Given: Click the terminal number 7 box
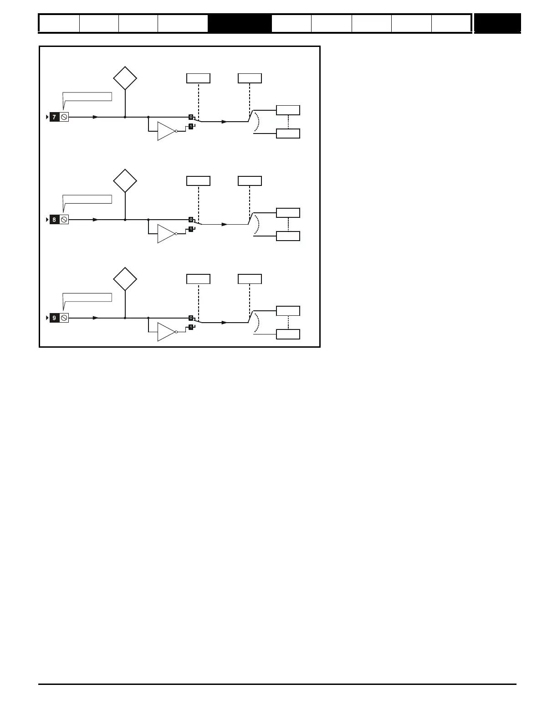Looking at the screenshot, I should tap(54, 117).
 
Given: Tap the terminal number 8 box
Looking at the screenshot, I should tap(54, 220).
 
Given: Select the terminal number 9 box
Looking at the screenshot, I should tap(54, 318).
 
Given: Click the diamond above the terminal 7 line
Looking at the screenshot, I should tap(125, 78).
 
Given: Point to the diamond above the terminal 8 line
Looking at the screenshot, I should tap(125, 181).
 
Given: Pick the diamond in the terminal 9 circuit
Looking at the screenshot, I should tap(125, 279).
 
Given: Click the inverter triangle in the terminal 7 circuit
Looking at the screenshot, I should tap(166, 131).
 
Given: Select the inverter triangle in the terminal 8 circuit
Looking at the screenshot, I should tap(166, 234).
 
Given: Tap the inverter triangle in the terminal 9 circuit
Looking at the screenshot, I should tap(166, 332).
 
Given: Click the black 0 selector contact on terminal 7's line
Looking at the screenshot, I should tap(191, 117).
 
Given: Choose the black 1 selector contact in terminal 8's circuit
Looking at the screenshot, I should tap(191, 229).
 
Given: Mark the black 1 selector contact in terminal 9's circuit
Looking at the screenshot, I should tap(191, 327).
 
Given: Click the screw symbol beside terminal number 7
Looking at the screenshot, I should tap(64, 117).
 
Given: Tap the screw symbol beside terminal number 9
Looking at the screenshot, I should tap(64, 318).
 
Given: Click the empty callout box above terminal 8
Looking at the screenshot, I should tap(87, 199).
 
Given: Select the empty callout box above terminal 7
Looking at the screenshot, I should tap(87, 97).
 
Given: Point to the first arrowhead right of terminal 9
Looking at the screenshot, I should tap(96, 318).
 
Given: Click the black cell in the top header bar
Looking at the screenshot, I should tap(240, 23).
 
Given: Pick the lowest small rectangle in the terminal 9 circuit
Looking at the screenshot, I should tap(288, 334).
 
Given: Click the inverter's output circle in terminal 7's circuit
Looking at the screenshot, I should tap(176, 131).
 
